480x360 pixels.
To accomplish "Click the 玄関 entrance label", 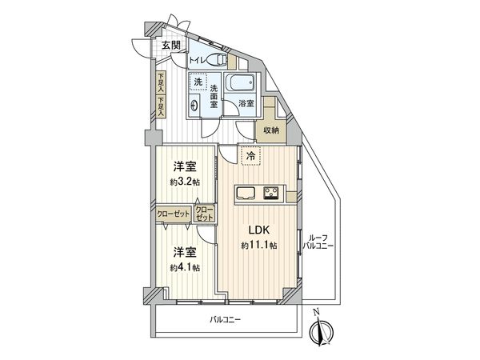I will point(170,46).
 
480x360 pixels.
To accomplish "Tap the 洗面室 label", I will point(215,96).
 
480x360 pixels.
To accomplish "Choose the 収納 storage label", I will point(270,130).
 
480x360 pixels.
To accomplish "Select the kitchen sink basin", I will point(246,192).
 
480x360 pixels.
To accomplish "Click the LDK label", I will point(258,226).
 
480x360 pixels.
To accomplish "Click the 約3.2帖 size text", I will point(185,181).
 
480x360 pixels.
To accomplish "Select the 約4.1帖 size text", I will point(185,267).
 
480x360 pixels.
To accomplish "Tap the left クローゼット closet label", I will point(173,214).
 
